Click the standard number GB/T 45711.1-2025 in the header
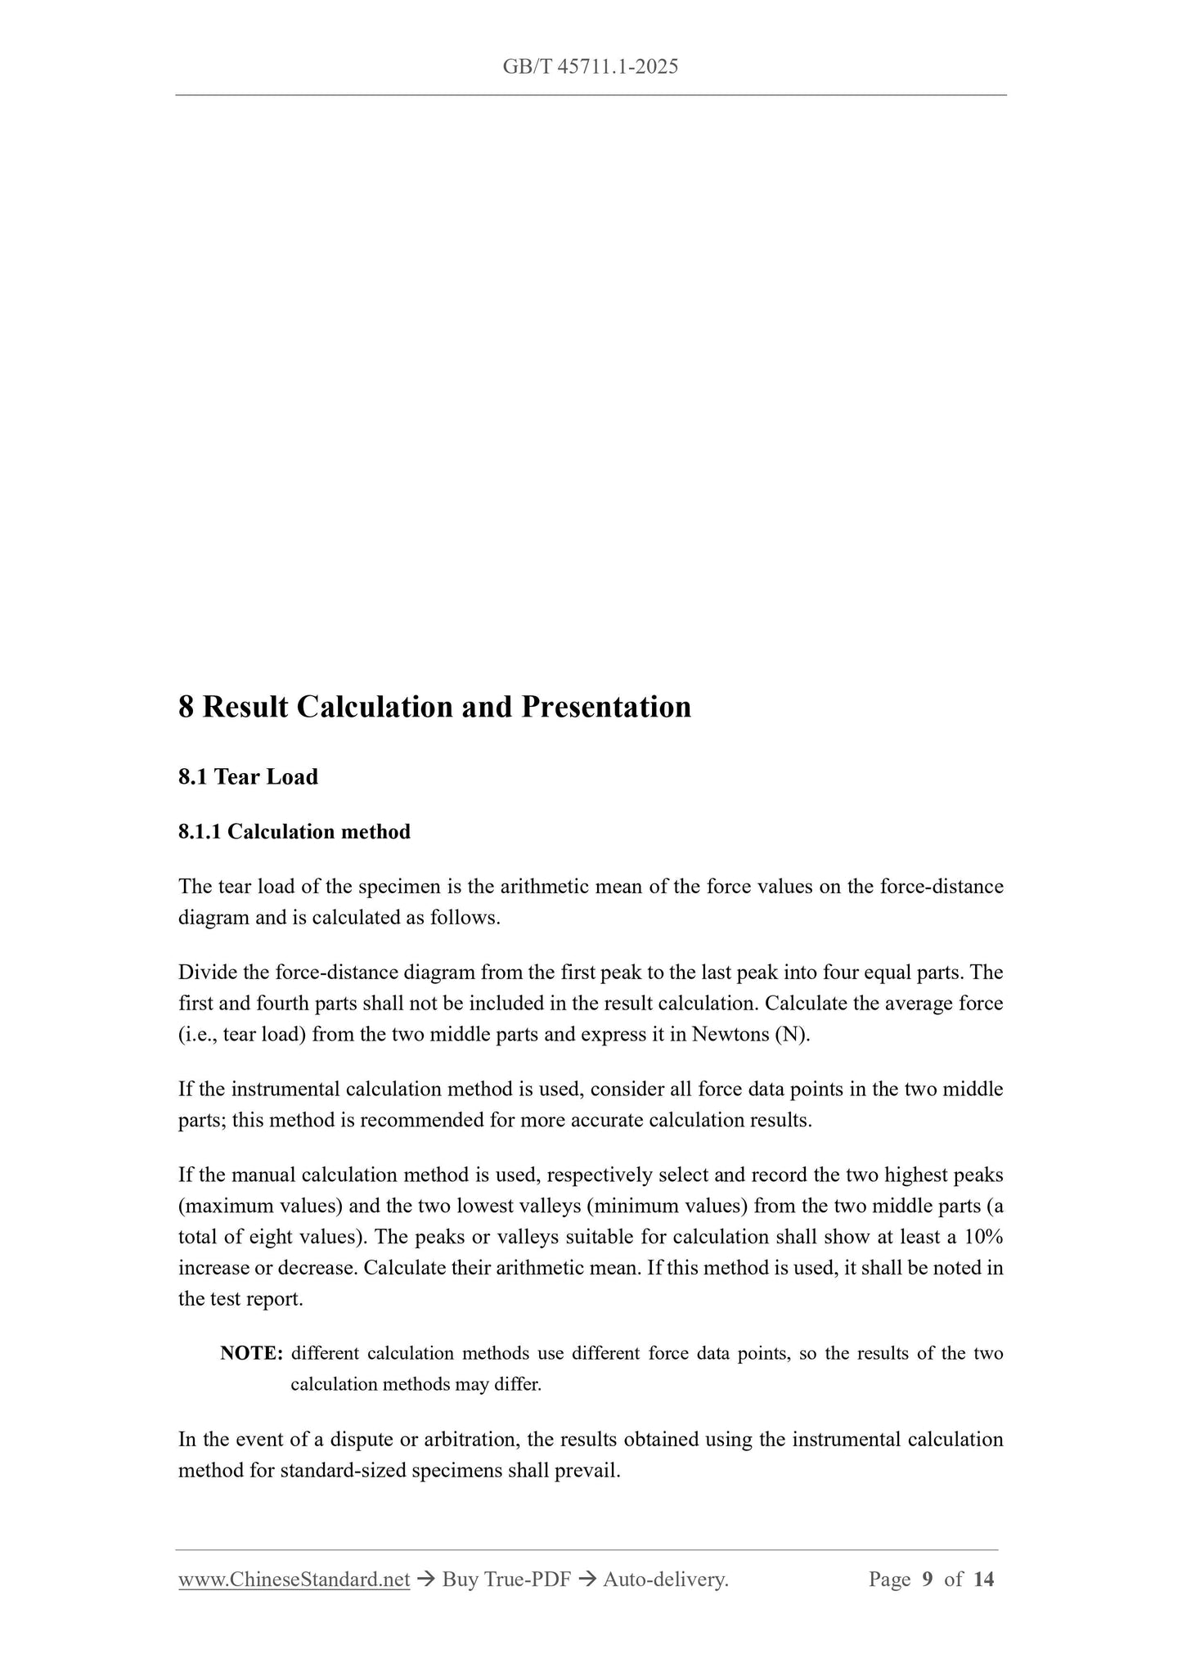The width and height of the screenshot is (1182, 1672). click(x=591, y=67)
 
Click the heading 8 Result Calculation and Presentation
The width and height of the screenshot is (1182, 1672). click(x=434, y=707)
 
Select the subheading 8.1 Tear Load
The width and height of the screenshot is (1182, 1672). click(x=248, y=776)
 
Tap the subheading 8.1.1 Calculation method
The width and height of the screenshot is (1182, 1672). click(x=294, y=832)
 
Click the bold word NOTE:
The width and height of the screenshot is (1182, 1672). click(x=251, y=1353)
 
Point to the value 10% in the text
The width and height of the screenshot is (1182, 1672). click(x=984, y=1237)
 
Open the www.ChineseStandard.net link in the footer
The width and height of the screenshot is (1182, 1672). click(x=294, y=1580)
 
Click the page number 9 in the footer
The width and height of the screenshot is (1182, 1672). click(x=927, y=1580)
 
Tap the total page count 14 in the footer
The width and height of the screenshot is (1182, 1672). click(x=984, y=1580)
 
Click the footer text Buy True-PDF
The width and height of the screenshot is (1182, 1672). click(x=506, y=1580)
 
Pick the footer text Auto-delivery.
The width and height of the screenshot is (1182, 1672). click(x=665, y=1580)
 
